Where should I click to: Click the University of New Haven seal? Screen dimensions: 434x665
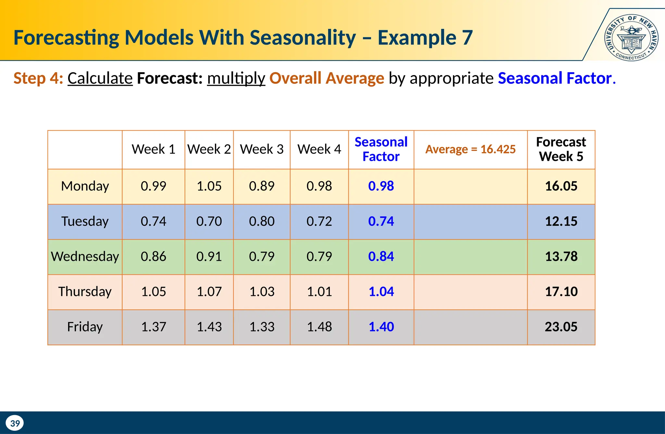pos(631,38)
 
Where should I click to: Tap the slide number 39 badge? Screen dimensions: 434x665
pos(15,423)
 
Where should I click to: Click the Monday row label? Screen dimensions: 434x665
pos(85,186)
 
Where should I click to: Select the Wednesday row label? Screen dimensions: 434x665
pos(85,256)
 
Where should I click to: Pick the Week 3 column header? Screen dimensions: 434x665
pos(262,149)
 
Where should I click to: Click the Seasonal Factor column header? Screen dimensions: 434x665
pos(381,149)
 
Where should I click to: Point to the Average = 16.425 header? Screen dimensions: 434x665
pos(470,149)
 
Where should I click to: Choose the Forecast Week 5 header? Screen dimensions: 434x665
pos(561,149)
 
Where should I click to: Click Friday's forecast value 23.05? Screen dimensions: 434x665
pos(561,327)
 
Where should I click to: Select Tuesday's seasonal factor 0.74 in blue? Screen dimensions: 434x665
pos(381,221)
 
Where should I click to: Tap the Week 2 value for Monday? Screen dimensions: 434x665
pos(209,186)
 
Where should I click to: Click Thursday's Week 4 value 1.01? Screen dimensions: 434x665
pos(319,292)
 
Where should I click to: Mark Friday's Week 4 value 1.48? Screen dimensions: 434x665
pos(319,327)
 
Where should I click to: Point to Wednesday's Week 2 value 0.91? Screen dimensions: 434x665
pos(209,256)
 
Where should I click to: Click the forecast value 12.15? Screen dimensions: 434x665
pos(561,221)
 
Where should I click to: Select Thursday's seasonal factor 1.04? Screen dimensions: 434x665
pos(381,292)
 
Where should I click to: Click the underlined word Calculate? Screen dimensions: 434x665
pos(100,79)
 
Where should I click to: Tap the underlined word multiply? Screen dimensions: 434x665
pos(236,79)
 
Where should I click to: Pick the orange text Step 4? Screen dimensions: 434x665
pos(38,79)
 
